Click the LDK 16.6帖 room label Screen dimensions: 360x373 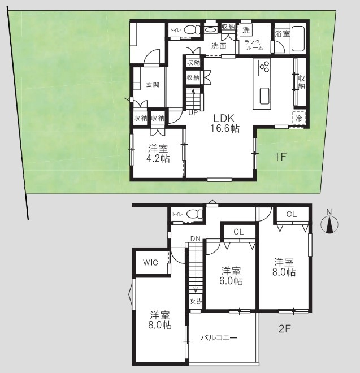click(225, 123)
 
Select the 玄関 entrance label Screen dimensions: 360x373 click(153, 84)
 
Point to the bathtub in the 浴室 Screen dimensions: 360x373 click(298, 38)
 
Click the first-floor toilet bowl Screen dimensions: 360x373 click(193, 30)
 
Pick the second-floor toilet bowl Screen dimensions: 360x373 click(194, 214)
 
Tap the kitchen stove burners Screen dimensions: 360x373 click(264, 66)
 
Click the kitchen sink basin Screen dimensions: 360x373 click(264, 96)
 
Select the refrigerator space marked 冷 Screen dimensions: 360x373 click(298, 118)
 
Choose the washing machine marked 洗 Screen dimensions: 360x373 click(246, 30)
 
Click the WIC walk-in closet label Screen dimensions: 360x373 click(150, 263)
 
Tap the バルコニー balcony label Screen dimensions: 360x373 click(219, 338)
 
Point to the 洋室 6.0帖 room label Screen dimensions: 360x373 click(231, 276)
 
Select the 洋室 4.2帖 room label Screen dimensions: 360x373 click(158, 153)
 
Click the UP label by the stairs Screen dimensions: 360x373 click(193, 113)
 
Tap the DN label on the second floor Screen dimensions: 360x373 click(196, 238)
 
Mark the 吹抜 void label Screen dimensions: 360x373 click(196, 301)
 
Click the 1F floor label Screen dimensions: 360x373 click(280, 157)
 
